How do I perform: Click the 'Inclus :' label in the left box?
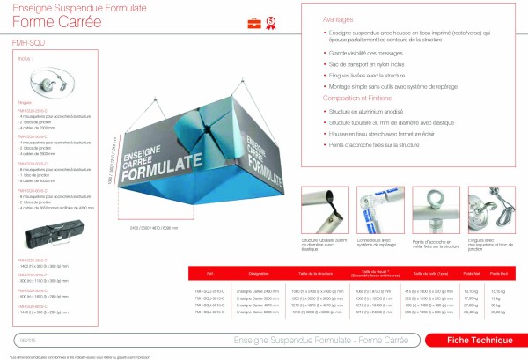[x=25, y=59]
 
